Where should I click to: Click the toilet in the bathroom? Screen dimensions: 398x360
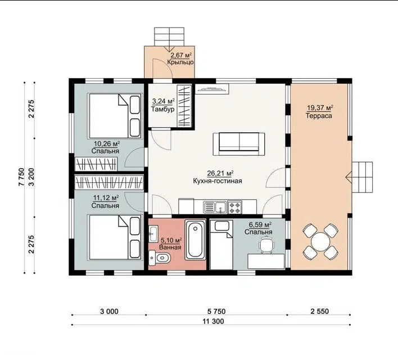(x=160, y=258)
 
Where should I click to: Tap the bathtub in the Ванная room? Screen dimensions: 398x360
(x=195, y=240)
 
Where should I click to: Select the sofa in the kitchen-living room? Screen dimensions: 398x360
(x=239, y=144)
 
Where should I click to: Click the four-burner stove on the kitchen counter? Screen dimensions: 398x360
(x=235, y=208)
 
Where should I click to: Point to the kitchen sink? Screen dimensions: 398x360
(x=215, y=207)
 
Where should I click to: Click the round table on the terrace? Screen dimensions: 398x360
(x=320, y=241)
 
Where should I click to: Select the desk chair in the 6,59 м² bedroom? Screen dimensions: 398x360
(x=266, y=245)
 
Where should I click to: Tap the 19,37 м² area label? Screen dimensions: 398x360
(x=320, y=108)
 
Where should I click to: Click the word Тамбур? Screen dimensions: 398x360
(x=162, y=109)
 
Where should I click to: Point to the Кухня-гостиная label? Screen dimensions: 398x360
(x=218, y=181)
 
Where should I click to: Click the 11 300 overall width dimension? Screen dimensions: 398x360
(x=213, y=321)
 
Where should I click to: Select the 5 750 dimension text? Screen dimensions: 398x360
(x=216, y=311)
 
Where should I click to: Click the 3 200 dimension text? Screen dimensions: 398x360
(x=31, y=177)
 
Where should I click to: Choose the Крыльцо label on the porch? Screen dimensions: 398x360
(x=180, y=62)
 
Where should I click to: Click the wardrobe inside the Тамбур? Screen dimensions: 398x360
(x=184, y=106)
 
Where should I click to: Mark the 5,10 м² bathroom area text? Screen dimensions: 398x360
(x=171, y=240)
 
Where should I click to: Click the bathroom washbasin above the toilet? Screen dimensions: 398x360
(x=153, y=233)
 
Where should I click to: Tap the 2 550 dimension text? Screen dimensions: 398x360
(x=319, y=311)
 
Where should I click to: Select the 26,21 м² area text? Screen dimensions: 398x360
(x=220, y=173)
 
